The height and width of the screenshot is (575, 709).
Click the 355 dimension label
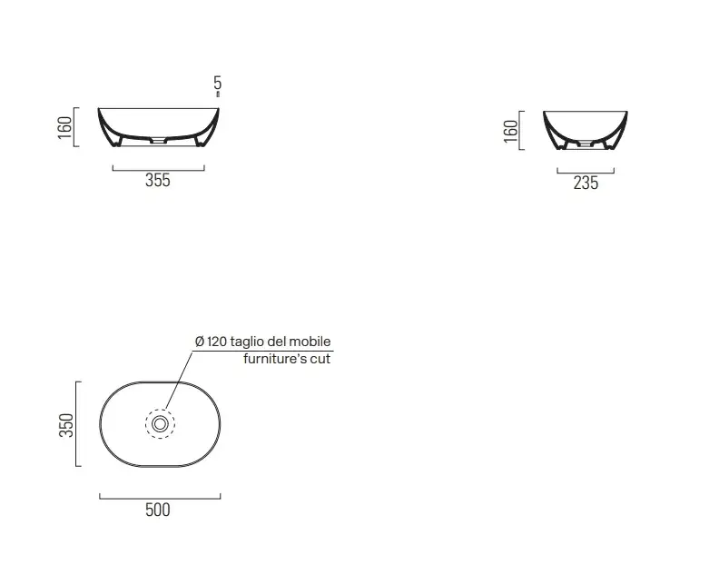(x=158, y=181)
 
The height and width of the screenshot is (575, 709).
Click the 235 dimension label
(x=586, y=183)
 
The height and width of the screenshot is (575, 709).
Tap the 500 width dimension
(x=158, y=510)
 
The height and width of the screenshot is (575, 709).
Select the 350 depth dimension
(x=66, y=425)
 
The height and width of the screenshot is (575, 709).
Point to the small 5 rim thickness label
(x=218, y=83)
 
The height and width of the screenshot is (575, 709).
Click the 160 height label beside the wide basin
(x=65, y=127)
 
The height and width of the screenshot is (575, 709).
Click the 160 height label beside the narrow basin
(x=510, y=131)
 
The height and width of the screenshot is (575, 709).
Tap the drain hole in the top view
(x=160, y=424)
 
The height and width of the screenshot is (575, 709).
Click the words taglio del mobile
(x=281, y=342)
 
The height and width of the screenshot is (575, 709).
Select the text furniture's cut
(x=287, y=359)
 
